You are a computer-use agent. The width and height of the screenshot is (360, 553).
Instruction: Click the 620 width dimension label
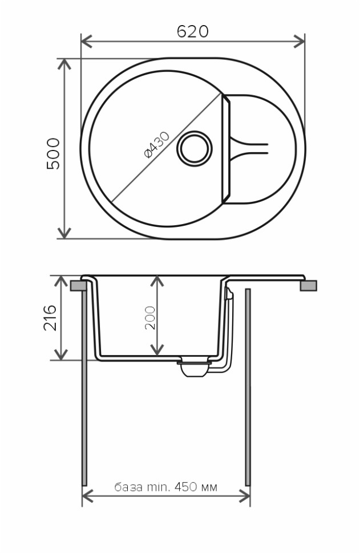coord(192,31)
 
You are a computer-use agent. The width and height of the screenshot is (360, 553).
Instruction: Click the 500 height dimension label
coord(53,153)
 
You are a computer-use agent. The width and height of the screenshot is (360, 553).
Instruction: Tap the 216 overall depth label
coord(51,318)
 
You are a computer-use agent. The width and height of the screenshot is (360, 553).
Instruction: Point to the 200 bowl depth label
coord(150,318)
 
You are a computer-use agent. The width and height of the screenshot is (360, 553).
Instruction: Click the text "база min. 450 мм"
coord(166,487)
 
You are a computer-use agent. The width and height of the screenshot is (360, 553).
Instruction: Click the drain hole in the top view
coord(195,149)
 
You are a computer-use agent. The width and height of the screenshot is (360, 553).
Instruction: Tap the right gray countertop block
coord(308,285)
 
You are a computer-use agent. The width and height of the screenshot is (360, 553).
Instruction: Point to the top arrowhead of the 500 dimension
coord(64,63)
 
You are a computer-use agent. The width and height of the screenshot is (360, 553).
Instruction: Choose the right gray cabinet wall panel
coord(248,388)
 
